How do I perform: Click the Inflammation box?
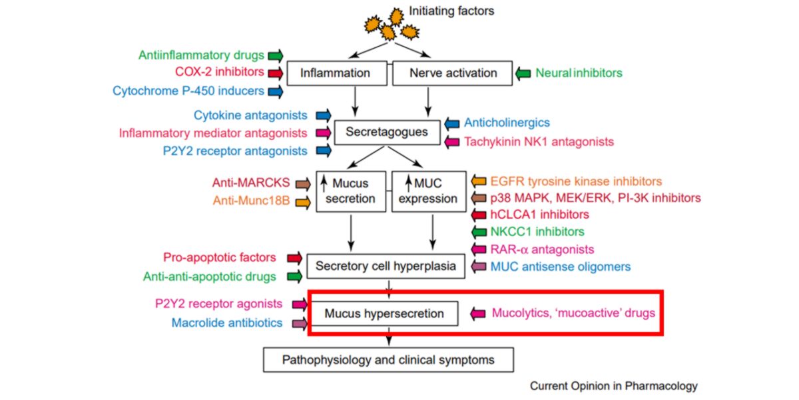335,73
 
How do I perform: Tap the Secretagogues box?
386,132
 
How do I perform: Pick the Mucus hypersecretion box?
384,313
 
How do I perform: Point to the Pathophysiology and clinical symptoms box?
389,360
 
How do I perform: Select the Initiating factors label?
451,11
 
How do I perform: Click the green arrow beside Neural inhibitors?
523,73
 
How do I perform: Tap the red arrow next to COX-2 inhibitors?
274,72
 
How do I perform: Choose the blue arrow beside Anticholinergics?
452,123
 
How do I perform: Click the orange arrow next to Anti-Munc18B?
303,201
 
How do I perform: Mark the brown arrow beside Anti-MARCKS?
303,183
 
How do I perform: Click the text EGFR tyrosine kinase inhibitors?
576,181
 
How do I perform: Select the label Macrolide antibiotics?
226,323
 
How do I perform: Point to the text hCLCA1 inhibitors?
540,215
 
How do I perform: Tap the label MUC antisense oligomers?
560,267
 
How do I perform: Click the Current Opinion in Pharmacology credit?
613,385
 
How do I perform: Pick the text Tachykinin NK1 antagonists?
539,141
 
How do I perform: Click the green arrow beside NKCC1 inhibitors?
479,232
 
